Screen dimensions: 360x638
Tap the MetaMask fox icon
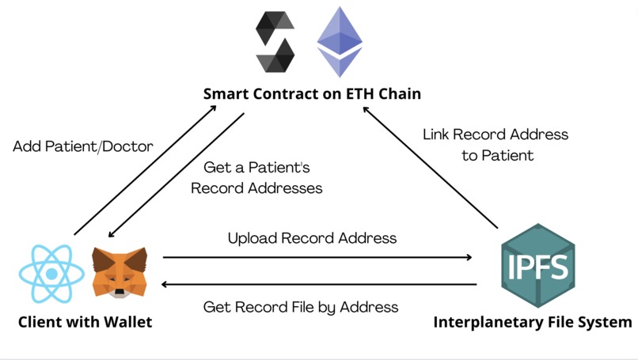120,271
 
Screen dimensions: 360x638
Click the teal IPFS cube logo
538,265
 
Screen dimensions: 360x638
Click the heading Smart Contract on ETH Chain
312,94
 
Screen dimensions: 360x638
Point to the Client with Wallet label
85,322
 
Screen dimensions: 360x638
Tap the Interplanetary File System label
532,322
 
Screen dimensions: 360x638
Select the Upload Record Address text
312,237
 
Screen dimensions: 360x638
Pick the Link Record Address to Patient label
496,144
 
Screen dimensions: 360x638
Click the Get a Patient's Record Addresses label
256,178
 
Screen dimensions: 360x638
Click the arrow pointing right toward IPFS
317,257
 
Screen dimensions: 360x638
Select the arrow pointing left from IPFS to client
317,284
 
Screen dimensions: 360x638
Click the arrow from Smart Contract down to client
176,175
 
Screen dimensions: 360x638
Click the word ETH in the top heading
356,94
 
